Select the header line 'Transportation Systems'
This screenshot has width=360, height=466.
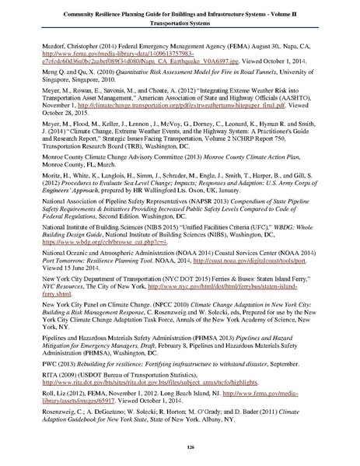(x=180, y=23)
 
